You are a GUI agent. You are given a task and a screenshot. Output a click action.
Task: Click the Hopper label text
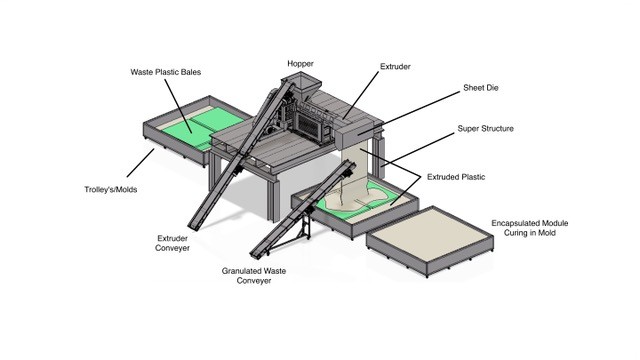(x=300, y=64)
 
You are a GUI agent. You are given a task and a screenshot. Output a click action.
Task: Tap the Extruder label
(x=395, y=67)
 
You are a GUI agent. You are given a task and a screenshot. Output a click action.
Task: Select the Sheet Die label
(x=480, y=88)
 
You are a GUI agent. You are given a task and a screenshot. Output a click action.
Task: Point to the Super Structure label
(x=485, y=129)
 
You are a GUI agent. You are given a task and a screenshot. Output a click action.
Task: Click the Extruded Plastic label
(x=456, y=177)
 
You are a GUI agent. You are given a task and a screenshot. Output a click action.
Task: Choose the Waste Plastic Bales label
(x=166, y=72)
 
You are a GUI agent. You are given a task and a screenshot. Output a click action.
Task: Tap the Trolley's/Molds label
(x=111, y=189)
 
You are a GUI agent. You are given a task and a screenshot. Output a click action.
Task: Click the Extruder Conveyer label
(x=172, y=243)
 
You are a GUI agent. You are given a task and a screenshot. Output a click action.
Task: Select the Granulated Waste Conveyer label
(x=254, y=276)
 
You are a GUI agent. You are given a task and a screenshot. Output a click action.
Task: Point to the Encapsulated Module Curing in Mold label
(x=530, y=228)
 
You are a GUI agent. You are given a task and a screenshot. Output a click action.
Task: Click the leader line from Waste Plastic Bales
(x=178, y=106)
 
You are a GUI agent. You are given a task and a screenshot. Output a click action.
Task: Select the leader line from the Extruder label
(x=361, y=96)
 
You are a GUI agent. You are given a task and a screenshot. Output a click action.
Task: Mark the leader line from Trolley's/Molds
(x=140, y=162)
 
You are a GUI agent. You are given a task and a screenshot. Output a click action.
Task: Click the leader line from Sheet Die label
(x=409, y=112)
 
